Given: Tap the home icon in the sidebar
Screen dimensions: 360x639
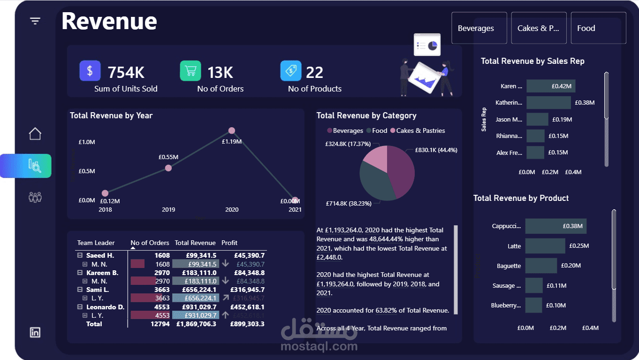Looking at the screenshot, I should pos(35,134).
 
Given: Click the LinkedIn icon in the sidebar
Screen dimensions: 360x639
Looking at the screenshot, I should pos(35,332).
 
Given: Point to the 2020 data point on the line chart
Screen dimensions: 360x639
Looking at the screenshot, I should pos(232,130).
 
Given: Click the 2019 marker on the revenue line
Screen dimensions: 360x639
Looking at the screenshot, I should pos(168,168).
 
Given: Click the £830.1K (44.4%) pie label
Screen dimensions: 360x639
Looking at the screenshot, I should pos(436,150).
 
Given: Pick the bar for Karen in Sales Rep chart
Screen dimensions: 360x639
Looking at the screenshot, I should pos(550,86).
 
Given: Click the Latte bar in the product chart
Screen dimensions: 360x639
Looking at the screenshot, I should pos(545,246).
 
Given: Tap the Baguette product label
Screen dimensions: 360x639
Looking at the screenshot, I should pos(509,266).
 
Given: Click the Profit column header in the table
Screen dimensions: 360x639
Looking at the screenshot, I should pos(229,243).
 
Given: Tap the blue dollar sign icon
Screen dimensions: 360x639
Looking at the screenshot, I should pos(90,71).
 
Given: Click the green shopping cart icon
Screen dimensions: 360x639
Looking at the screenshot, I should pos(190,71).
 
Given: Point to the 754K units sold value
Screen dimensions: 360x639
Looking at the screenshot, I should pos(126,72).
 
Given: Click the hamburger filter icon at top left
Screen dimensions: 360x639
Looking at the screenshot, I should pos(35,21).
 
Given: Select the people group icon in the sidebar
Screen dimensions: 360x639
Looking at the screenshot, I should pos(35,197).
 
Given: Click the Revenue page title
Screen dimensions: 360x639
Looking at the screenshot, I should pos(109,22).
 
